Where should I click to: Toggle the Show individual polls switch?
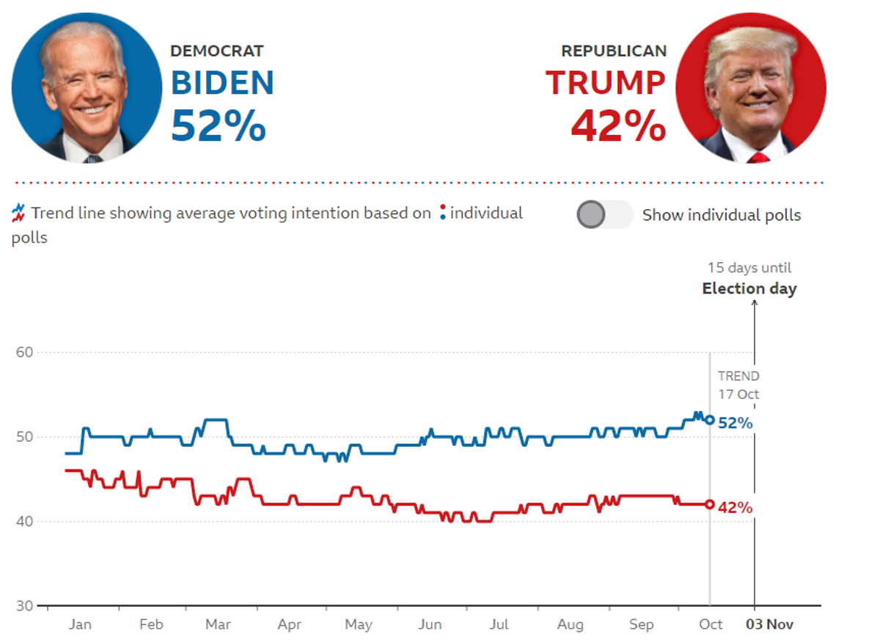605,214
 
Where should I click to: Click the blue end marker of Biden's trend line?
710,420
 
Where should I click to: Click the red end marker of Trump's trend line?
710,504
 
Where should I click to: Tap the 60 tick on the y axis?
24,352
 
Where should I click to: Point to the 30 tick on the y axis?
24,606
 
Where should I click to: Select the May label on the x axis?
359,624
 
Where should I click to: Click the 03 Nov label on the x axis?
769,624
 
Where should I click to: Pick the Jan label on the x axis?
80,624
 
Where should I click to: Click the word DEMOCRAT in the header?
217,51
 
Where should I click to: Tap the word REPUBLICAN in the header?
614,51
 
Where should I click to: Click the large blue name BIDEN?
222,83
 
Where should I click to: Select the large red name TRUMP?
606,83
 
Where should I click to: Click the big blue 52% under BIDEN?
219,125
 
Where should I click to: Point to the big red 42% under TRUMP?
619,125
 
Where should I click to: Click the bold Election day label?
749,288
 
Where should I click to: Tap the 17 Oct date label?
738,394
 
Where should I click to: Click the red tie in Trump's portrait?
758,158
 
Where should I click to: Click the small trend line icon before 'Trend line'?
18,213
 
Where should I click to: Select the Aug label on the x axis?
570,624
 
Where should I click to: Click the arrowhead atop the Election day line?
755,302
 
